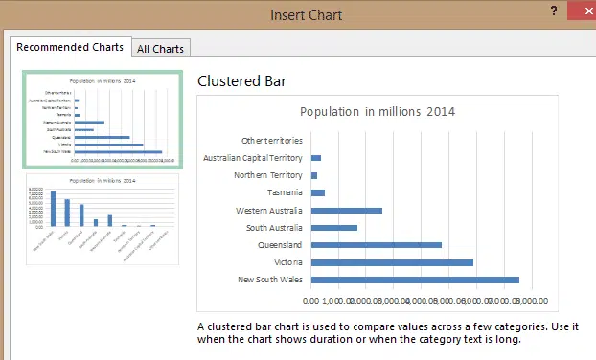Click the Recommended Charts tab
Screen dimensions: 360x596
click(x=70, y=47)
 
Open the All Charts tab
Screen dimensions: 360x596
click(x=161, y=48)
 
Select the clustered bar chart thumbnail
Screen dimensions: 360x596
click(x=102, y=120)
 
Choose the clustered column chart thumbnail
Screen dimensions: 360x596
click(x=102, y=219)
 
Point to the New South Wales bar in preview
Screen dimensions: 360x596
click(x=415, y=280)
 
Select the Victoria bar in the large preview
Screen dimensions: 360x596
click(x=392, y=262)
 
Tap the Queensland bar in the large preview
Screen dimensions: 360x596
click(x=376, y=245)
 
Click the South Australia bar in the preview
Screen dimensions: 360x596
click(x=333, y=228)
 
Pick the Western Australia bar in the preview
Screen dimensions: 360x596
click(x=346, y=211)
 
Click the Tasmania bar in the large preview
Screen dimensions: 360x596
click(x=317, y=193)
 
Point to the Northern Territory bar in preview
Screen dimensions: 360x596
click(x=313, y=176)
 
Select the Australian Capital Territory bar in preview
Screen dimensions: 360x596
click(x=315, y=158)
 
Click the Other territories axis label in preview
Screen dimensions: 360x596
click(x=272, y=141)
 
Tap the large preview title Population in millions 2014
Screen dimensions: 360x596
click(x=378, y=112)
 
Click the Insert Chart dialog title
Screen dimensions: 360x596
click(x=306, y=14)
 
